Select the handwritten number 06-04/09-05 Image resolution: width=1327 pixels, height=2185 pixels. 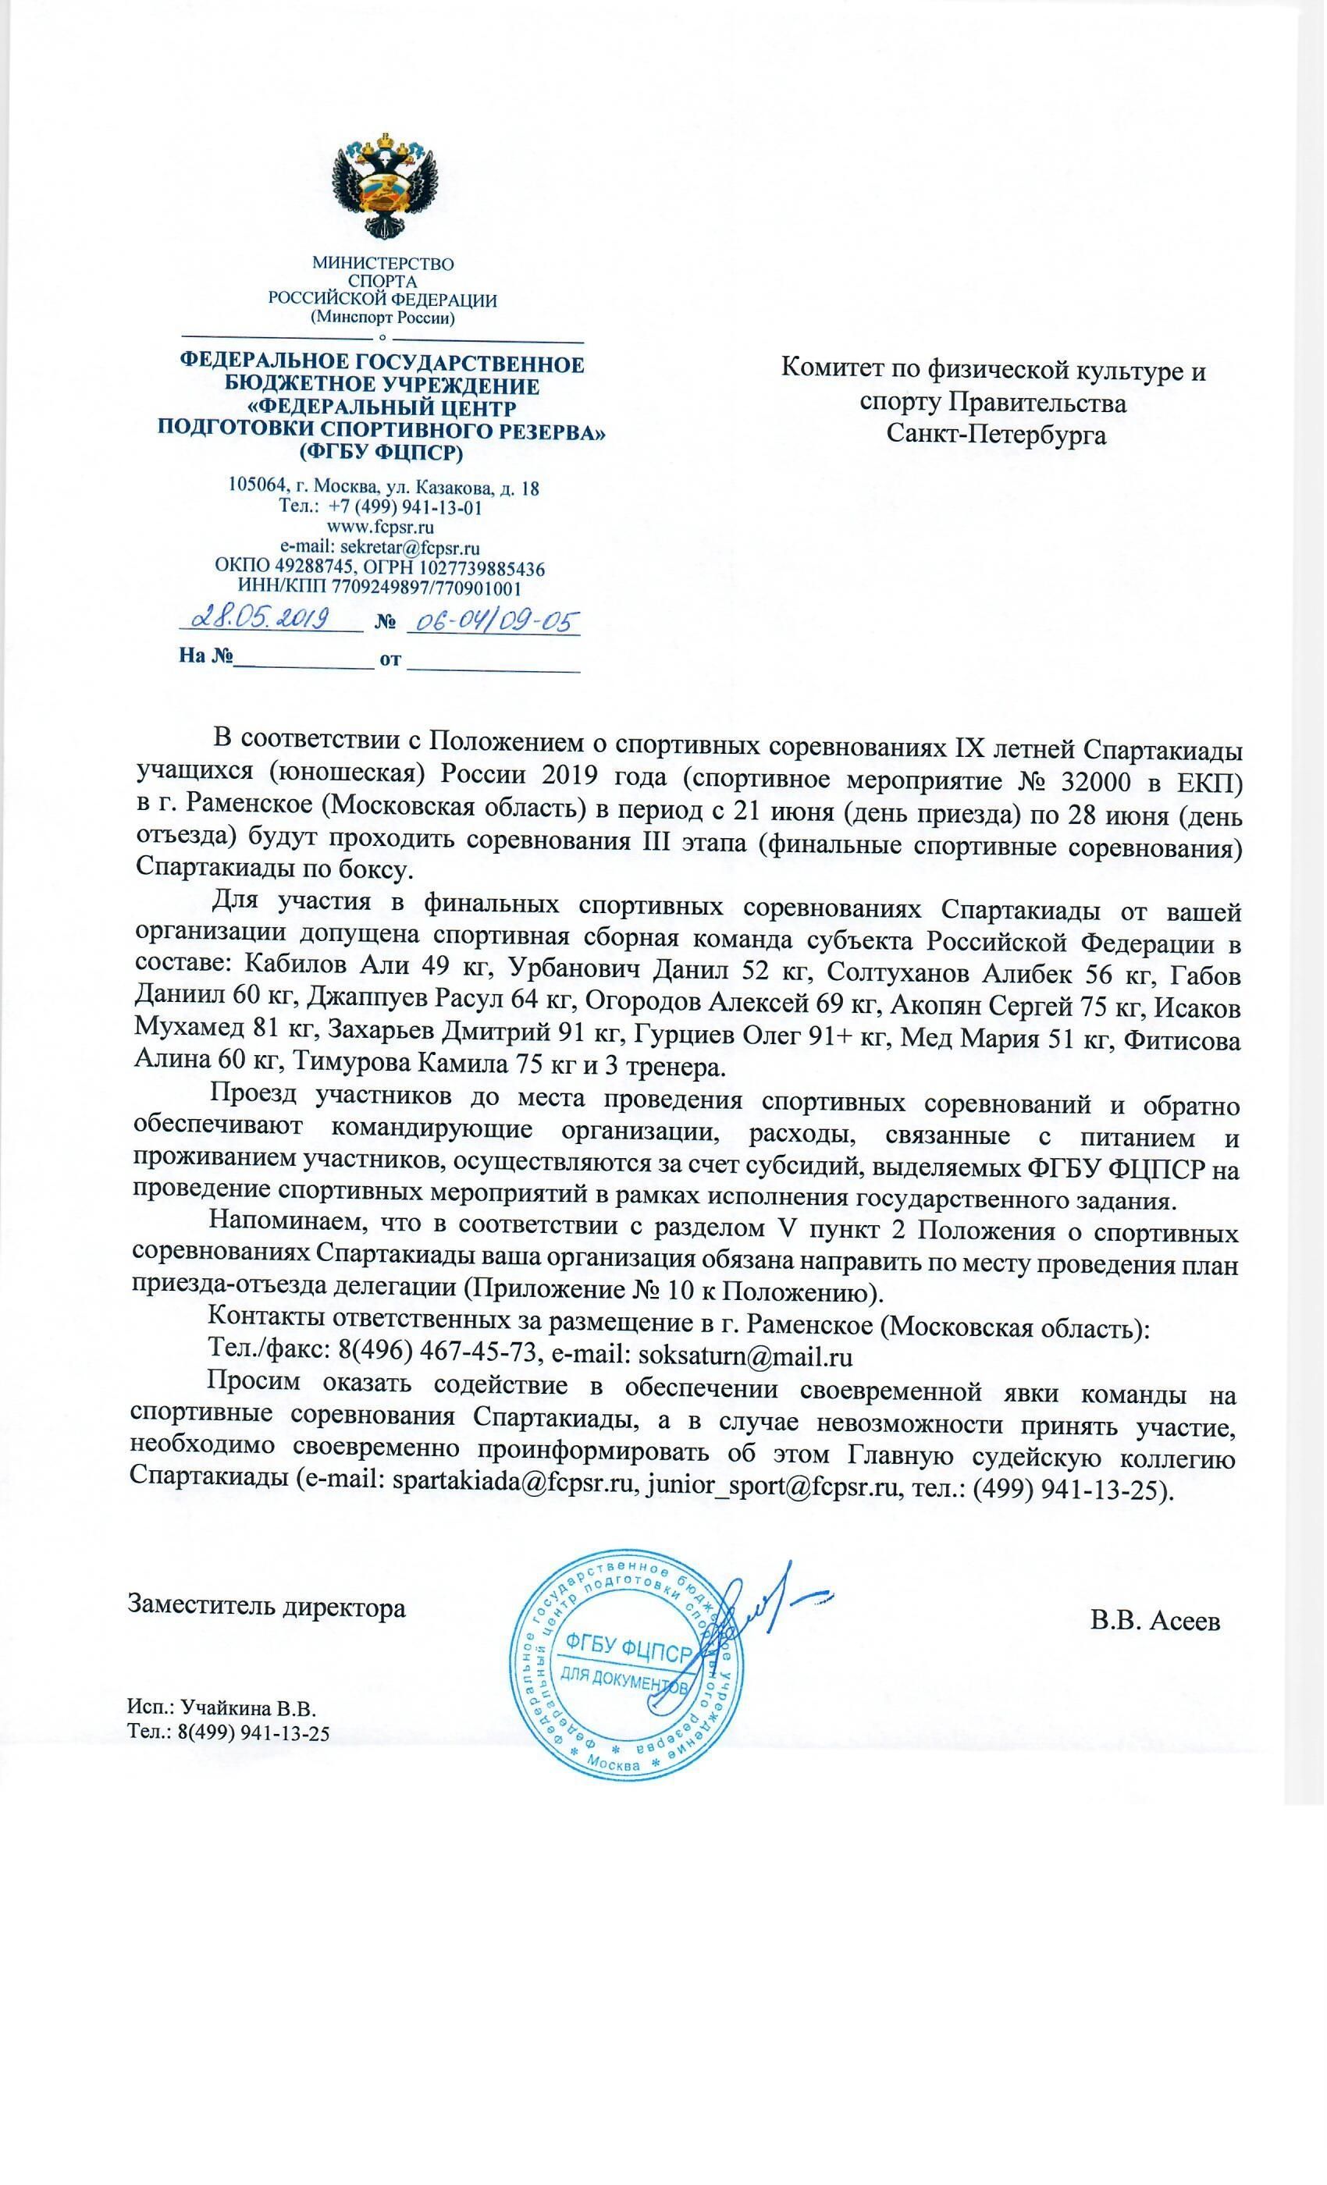493,620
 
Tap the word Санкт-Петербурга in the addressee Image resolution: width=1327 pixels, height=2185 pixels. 996,435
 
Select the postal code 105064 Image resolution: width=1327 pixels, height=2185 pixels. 255,487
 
